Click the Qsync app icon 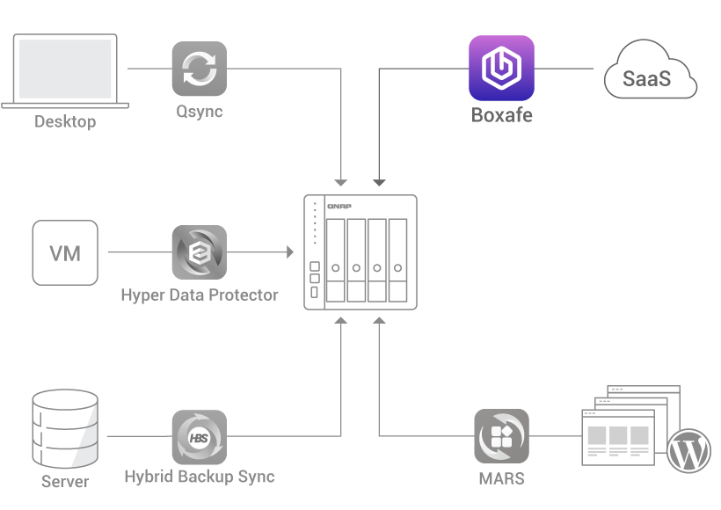coord(200,69)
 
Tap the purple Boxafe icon coord(501,68)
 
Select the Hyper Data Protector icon coord(199,252)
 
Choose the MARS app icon coord(501,436)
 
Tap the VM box coord(65,253)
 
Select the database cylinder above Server coord(64,430)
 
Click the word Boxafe coord(501,115)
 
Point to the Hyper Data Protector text coord(199,295)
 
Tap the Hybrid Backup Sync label coord(199,477)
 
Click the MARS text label coord(501,479)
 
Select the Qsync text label coord(200,112)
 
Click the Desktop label coord(65,122)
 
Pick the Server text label coord(65,482)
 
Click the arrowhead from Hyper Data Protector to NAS coord(289,252)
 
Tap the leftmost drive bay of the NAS coord(335,260)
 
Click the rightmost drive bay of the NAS coord(397,260)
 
